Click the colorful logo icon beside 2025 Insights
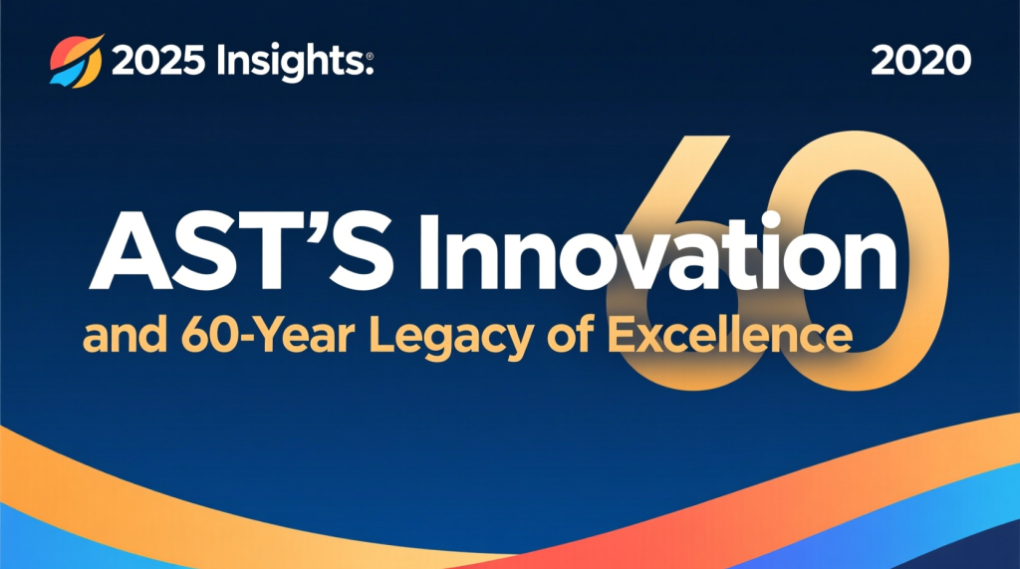tap(76, 61)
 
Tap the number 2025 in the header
tap(158, 61)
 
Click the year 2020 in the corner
tap(920, 61)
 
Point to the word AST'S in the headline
tap(241, 251)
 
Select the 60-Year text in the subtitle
tap(268, 335)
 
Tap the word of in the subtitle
tap(570, 334)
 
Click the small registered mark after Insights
tap(370, 57)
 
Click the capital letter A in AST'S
tap(130, 252)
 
